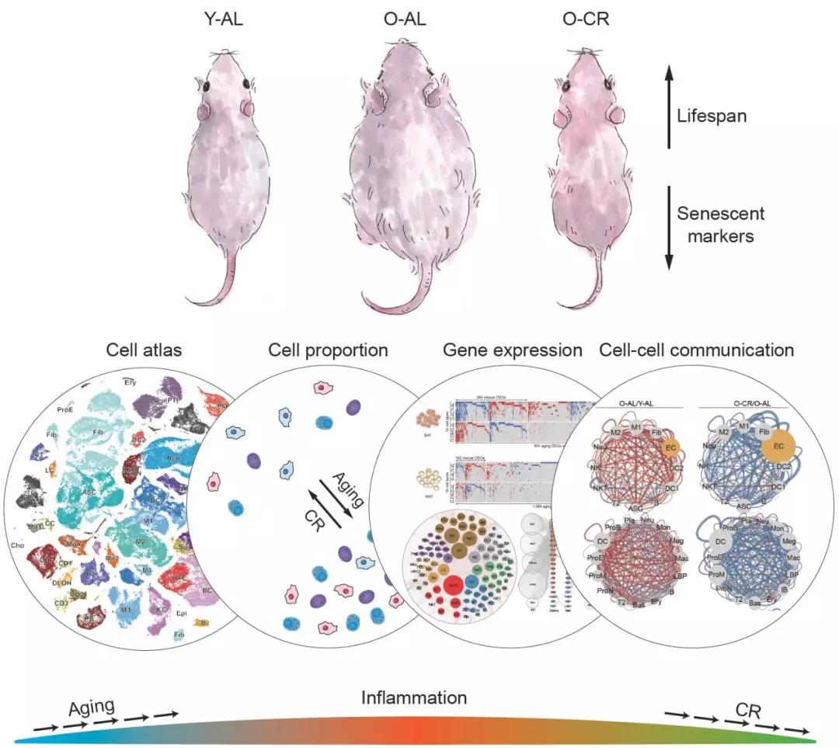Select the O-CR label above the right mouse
pos(587,19)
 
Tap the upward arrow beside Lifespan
pos(668,108)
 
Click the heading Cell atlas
pos(144,350)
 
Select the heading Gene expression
pos(512,350)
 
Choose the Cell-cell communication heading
pos(696,350)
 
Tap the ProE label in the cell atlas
pos(66,409)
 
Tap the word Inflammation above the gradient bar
pos(414,698)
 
